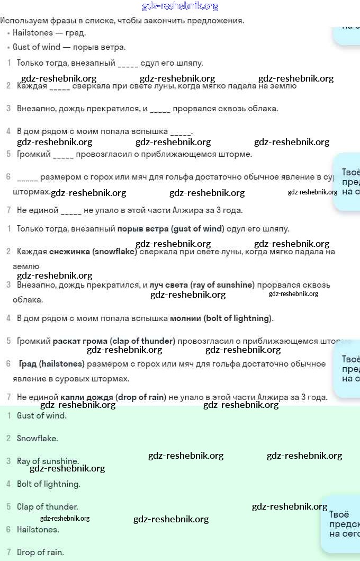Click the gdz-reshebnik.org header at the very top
click(x=180, y=6)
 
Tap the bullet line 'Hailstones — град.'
click(x=49, y=33)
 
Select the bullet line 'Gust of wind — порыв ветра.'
click(x=69, y=47)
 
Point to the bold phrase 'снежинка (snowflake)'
click(x=93, y=252)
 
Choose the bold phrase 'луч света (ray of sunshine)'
click(x=202, y=285)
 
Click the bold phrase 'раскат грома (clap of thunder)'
click(x=114, y=341)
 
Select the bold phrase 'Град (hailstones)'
click(x=51, y=364)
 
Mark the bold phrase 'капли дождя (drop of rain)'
click(x=113, y=397)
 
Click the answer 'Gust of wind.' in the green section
click(x=41, y=416)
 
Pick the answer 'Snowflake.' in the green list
click(x=37, y=439)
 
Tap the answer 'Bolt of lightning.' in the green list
click(x=48, y=484)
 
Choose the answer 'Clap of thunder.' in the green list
click(x=47, y=507)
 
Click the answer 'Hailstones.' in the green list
click(x=38, y=530)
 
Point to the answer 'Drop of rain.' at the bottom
click(x=40, y=553)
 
